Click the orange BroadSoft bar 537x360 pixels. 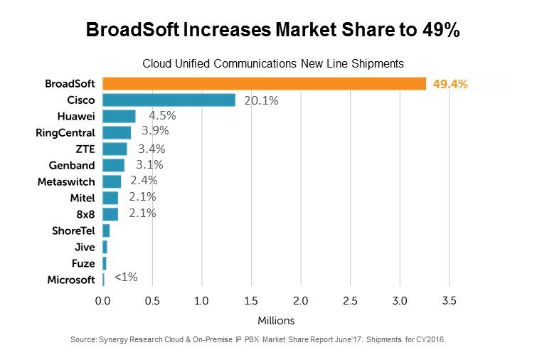[264, 84]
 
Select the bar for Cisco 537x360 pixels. [169, 100]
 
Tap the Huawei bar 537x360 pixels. [119, 117]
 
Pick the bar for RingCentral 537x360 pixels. [117, 132]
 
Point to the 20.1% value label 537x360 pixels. [261, 100]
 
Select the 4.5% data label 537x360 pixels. [162, 115]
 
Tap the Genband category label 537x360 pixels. [72, 165]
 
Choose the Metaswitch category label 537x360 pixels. [66, 181]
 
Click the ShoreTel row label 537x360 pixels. [73, 231]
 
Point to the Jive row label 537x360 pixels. [85, 247]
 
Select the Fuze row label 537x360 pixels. [84, 263]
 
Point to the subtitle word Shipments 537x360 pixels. [366, 62]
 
